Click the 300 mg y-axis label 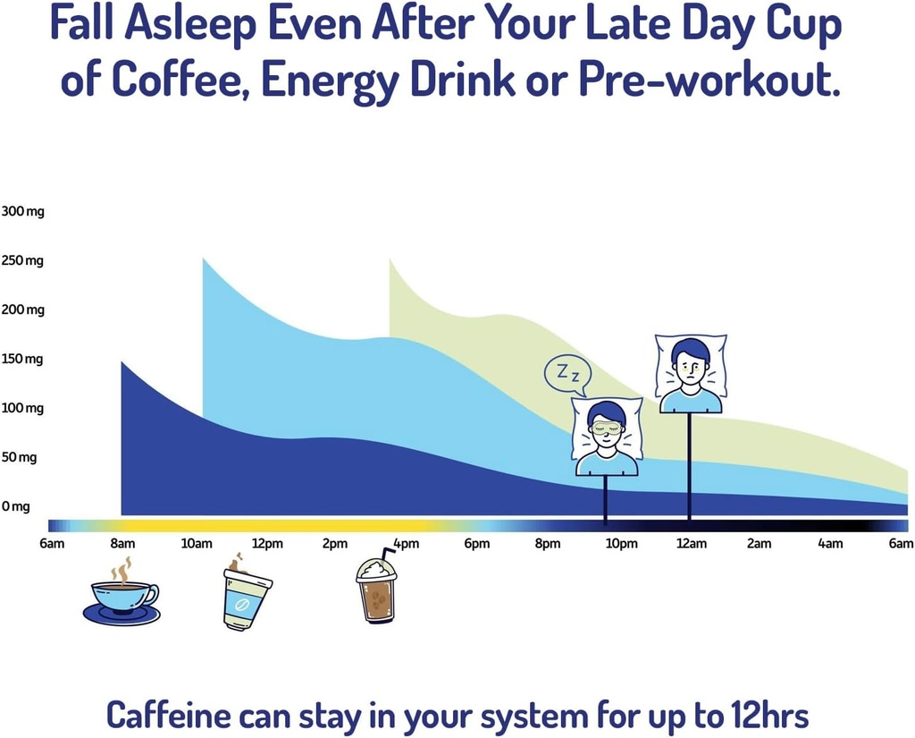pos(22,212)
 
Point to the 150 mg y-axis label pos(22,360)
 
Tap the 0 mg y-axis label pos(16,506)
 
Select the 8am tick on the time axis pos(123,544)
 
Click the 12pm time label pos(267,544)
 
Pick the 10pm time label pos(622,544)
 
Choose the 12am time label pos(691,544)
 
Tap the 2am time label pos(759,544)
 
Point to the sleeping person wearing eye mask pos(607,437)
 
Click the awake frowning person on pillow pos(691,374)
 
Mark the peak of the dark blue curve pos(122,362)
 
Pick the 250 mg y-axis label pos(22,261)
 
